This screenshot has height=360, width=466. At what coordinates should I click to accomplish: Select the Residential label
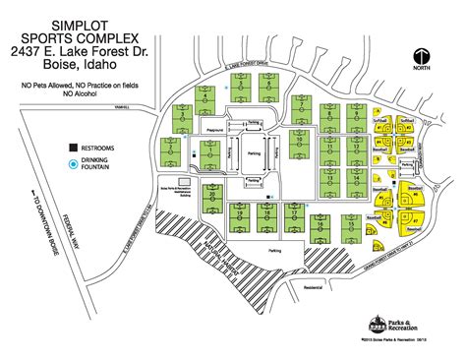point(313,288)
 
